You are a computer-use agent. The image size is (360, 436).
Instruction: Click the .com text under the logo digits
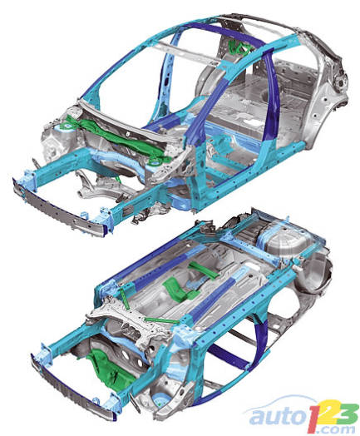[x=340, y=429]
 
